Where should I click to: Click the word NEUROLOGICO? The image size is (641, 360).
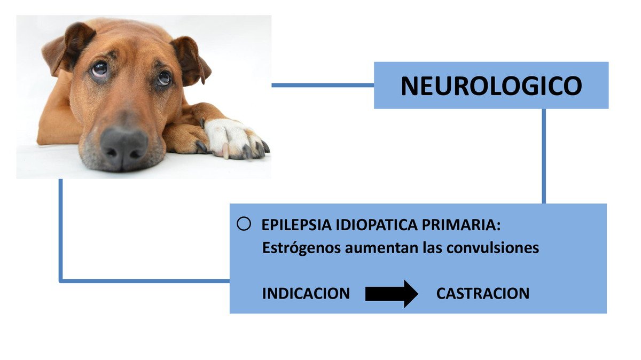[491, 85]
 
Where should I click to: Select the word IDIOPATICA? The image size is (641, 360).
[377, 225]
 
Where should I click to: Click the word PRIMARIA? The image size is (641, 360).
[462, 225]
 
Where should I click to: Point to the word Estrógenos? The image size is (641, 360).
[301, 248]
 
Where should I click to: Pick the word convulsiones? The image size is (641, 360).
[493, 248]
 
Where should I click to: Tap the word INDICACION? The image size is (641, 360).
[306, 293]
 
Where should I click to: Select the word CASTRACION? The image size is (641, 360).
[483, 293]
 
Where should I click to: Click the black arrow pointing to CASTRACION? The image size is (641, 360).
[392, 294]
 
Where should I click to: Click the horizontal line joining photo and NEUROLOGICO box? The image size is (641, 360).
[323, 85]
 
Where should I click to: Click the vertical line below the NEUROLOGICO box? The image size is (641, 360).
[544, 156]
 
